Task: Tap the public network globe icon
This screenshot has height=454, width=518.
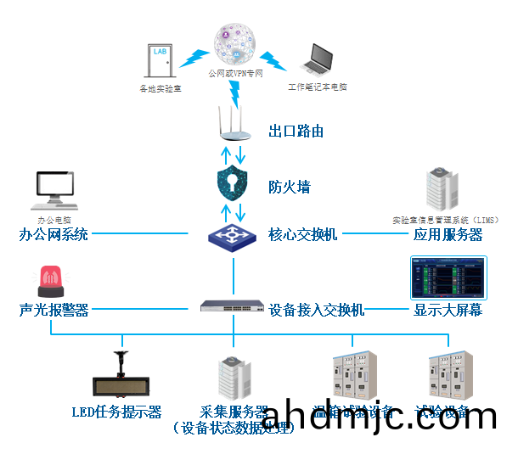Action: [x=235, y=44]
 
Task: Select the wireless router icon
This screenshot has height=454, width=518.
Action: [x=233, y=122]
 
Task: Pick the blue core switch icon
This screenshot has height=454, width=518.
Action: [x=232, y=234]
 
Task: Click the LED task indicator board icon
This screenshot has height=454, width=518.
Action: [x=122, y=381]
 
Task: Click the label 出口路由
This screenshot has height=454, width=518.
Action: [x=296, y=132]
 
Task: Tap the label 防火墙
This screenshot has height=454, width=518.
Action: [x=288, y=185]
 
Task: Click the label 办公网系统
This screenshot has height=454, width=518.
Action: [x=53, y=234]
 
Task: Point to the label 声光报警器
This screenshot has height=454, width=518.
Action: [x=53, y=310]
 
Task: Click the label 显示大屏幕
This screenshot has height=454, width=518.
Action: [x=448, y=310]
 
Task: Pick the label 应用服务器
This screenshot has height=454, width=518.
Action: [x=448, y=235]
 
